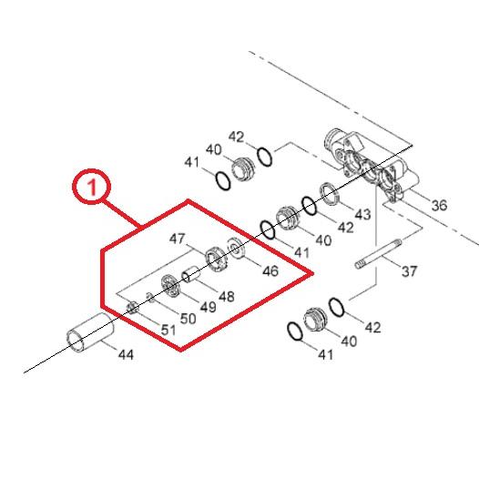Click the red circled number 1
(x=92, y=187)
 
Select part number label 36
(x=439, y=205)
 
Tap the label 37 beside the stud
(x=409, y=271)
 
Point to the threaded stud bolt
(x=379, y=254)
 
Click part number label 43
(x=362, y=214)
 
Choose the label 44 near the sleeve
(x=126, y=354)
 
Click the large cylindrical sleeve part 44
(x=90, y=333)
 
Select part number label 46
(x=270, y=271)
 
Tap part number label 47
(x=178, y=239)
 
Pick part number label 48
(x=227, y=296)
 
